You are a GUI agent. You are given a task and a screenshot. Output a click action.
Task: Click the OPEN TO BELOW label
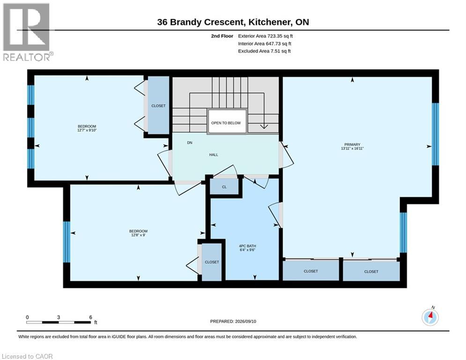coord(226,123)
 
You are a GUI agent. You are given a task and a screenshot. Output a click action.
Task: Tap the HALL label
coord(214,155)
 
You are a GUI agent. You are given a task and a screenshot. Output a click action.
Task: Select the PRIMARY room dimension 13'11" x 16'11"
coord(352,149)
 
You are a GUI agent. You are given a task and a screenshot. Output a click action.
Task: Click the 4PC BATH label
coord(247,246)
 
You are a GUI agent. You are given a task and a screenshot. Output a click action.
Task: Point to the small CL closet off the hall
coord(224,187)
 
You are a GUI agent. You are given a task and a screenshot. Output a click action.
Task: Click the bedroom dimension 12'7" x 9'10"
coord(87,130)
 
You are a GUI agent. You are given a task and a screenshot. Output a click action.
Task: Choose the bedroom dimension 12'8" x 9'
coord(138,235)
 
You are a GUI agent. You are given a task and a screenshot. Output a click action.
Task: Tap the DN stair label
coord(190,143)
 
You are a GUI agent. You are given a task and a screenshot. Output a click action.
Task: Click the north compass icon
coord(430,317)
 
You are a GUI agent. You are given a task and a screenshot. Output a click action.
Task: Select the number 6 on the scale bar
coord(91,317)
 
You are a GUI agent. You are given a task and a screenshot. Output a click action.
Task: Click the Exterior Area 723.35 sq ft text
coord(266,36)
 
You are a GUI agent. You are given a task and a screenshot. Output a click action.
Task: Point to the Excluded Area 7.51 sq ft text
coord(264,51)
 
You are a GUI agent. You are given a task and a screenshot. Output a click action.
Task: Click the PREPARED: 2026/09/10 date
coord(233,321)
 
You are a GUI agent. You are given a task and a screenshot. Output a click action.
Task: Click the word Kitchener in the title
coord(270,22)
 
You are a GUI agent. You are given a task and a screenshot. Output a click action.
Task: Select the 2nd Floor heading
coord(222,36)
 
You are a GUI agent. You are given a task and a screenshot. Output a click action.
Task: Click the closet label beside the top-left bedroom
coord(158,106)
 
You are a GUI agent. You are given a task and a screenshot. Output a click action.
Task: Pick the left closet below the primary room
coord(311,271)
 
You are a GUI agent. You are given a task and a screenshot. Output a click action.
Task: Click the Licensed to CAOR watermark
coord(27,356)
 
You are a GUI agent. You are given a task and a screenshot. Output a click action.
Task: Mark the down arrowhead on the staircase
coord(264,127)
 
